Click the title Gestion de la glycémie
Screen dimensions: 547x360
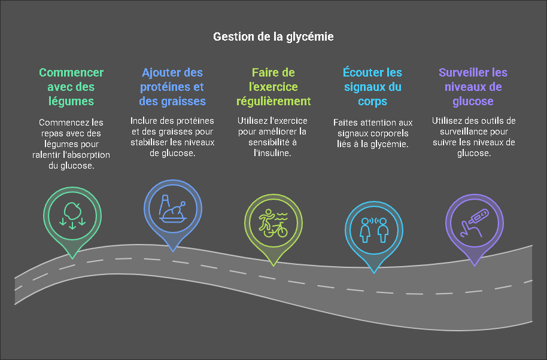click(273, 36)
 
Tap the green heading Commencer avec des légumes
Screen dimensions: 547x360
click(71, 87)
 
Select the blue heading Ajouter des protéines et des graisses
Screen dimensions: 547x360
click(172, 87)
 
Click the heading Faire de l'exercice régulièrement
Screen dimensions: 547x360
click(273, 87)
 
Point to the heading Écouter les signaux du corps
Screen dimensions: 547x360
click(372, 87)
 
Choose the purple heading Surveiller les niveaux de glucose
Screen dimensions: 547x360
click(473, 87)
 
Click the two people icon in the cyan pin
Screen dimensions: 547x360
click(373, 229)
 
